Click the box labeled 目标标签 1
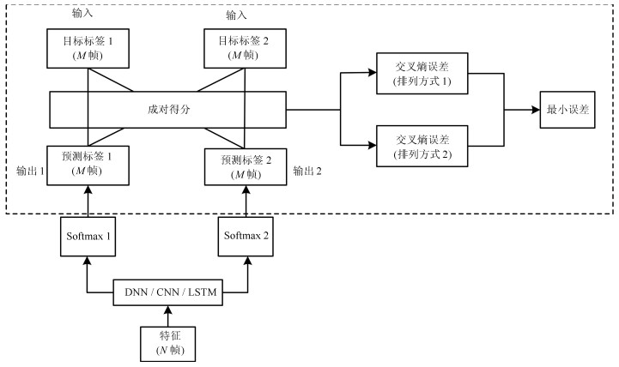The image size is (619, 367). pyautogui.click(x=88, y=49)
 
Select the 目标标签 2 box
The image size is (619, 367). pyautogui.click(x=246, y=49)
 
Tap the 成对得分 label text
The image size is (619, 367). pyautogui.click(x=169, y=110)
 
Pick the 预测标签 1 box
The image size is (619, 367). pyautogui.click(x=88, y=165)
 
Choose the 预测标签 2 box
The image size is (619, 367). pyautogui.click(x=246, y=166)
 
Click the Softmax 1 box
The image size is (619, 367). pyautogui.click(x=88, y=237)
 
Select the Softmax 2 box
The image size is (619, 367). pyautogui.click(x=246, y=237)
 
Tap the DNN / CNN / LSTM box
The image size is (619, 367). pyautogui.click(x=167, y=292)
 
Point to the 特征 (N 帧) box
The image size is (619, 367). pyautogui.click(x=168, y=344)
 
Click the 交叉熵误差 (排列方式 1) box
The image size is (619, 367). pyautogui.click(x=422, y=74)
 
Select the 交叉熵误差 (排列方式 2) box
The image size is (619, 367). pyautogui.click(x=422, y=147)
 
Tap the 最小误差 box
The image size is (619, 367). pyautogui.click(x=567, y=110)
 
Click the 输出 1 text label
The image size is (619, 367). pyautogui.click(x=30, y=171)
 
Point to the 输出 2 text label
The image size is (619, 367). pyautogui.click(x=307, y=171)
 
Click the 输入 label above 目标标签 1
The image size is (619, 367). pyautogui.click(x=82, y=13)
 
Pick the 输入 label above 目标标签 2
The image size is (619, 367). pyautogui.click(x=236, y=15)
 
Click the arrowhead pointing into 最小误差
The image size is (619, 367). pyautogui.click(x=536, y=110)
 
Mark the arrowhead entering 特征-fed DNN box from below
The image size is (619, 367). pyautogui.click(x=168, y=310)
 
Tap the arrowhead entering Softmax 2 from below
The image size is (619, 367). pyautogui.click(x=248, y=261)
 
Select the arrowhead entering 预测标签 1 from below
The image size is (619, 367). pyautogui.click(x=88, y=190)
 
